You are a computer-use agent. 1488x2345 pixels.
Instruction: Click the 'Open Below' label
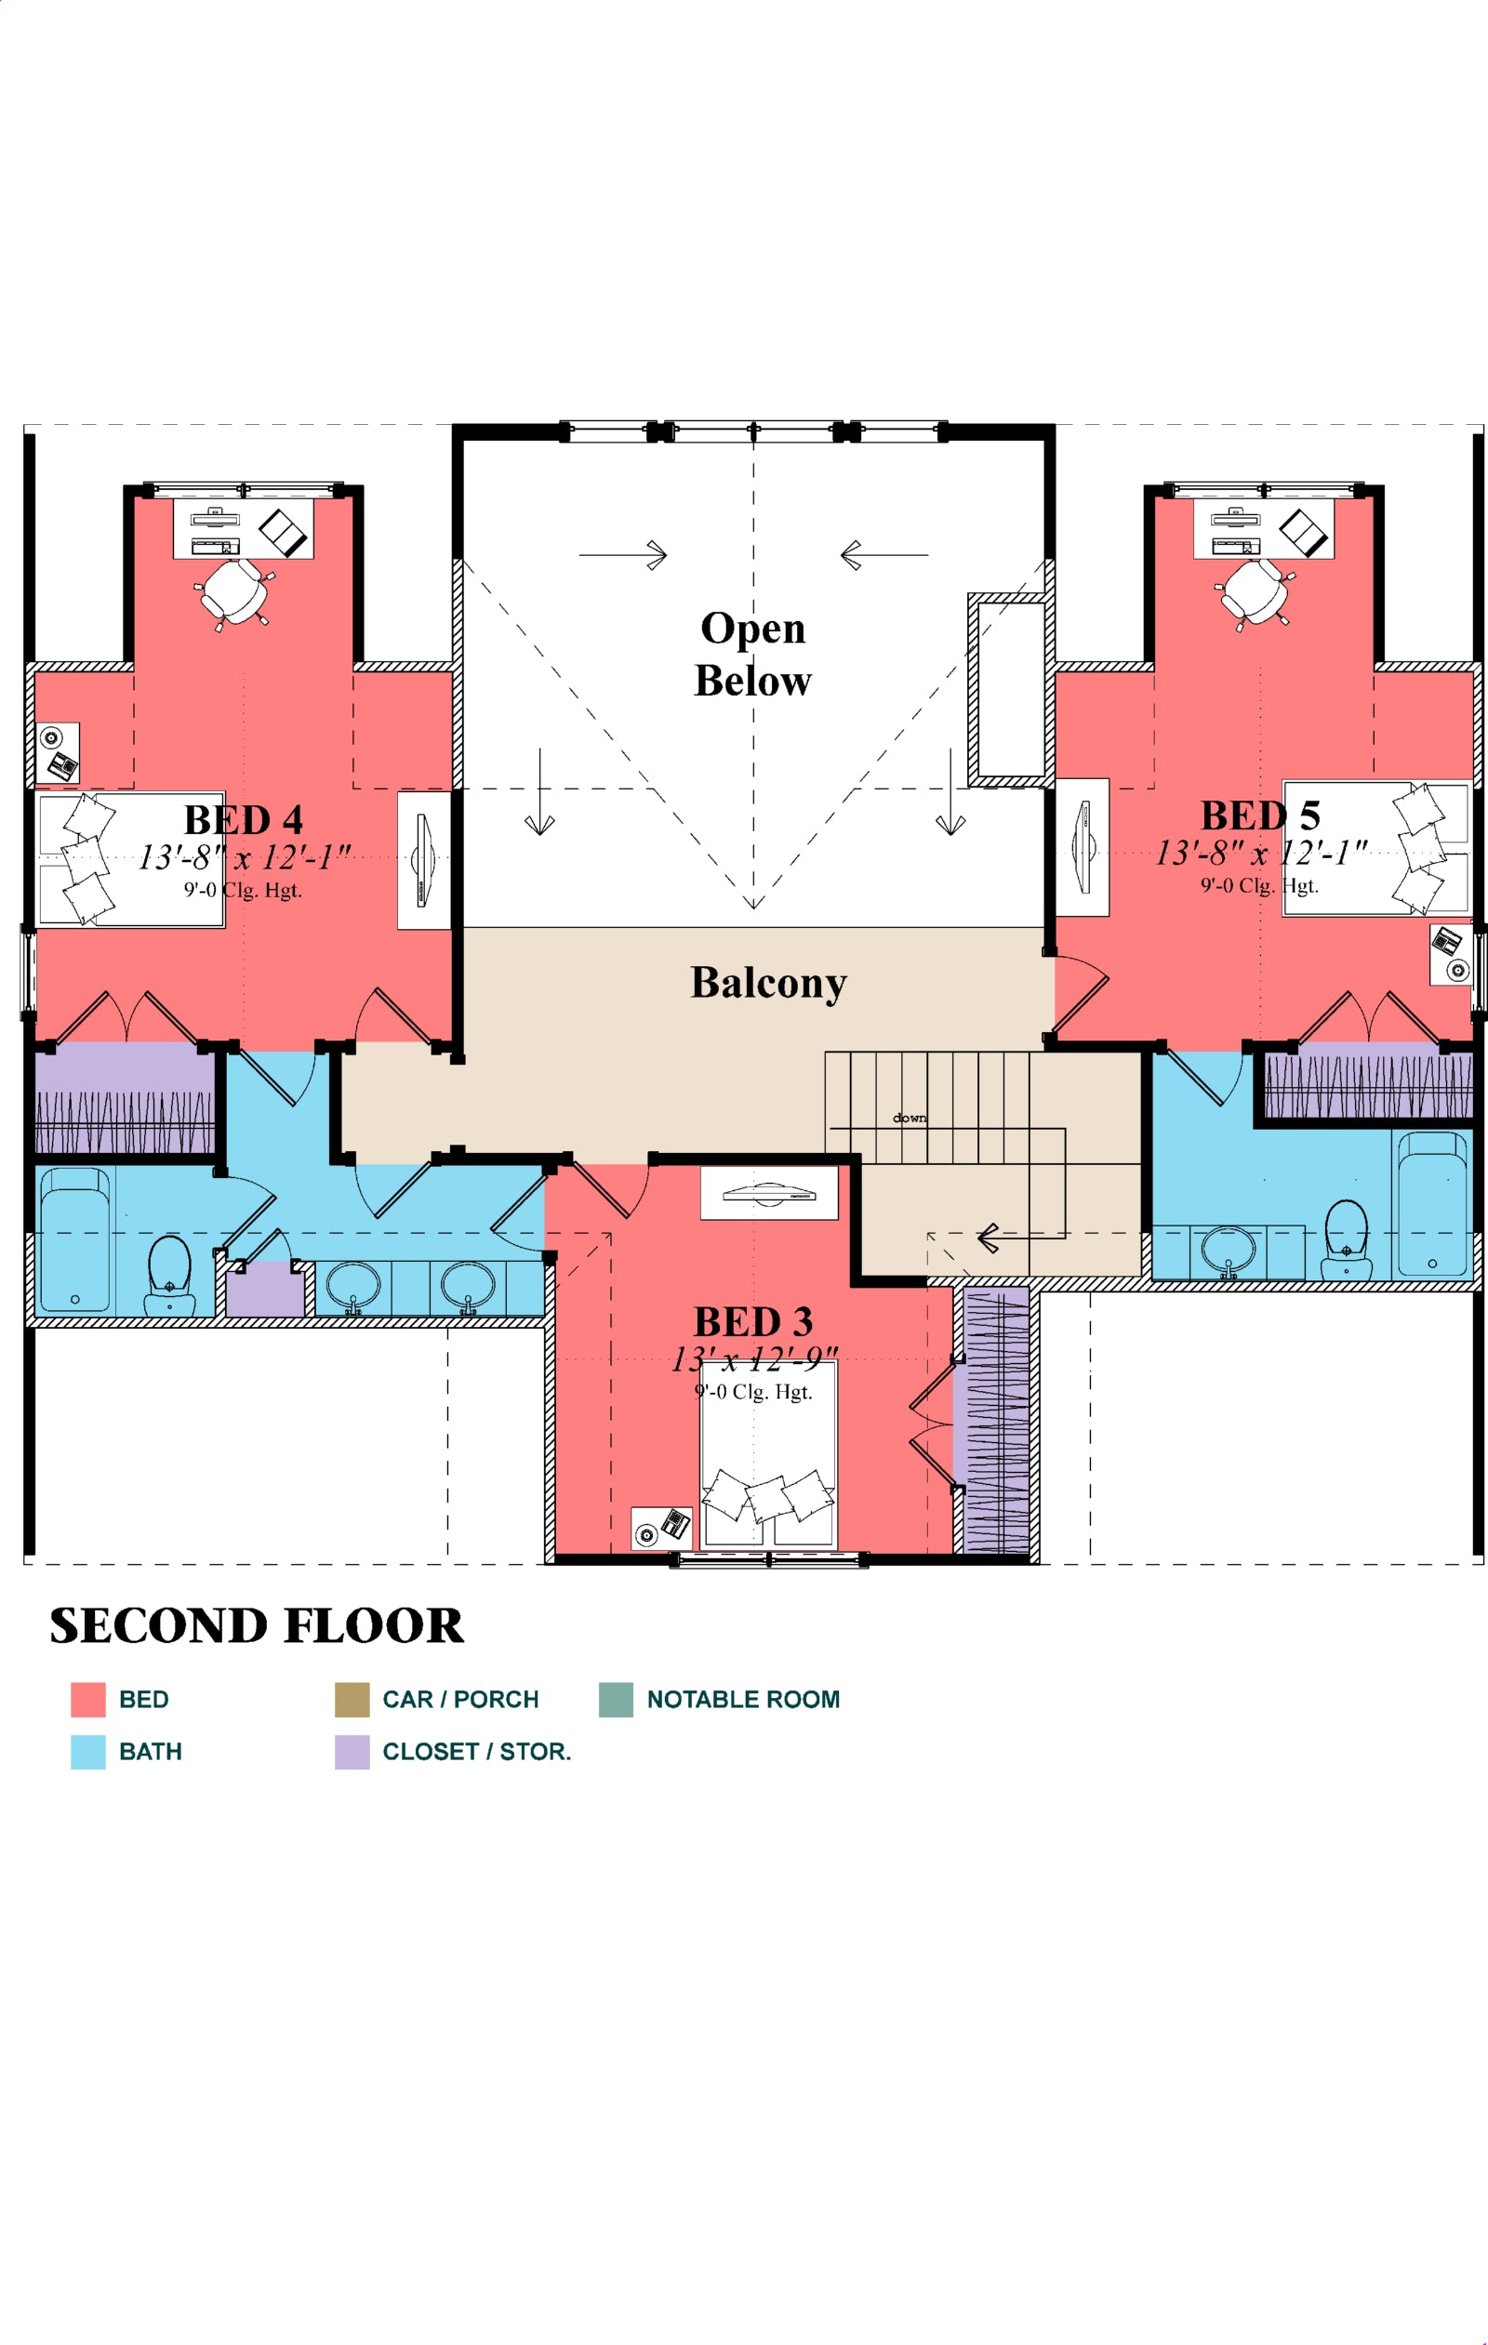[x=751, y=654]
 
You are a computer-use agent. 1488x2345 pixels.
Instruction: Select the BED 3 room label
[x=752, y=1321]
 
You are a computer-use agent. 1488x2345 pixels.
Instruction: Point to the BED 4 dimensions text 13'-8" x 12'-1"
[x=244, y=857]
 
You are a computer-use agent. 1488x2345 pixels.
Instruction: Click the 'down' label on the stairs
[x=910, y=1117]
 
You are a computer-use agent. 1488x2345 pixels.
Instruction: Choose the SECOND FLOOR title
[x=257, y=1625]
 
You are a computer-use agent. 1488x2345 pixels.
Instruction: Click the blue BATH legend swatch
[x=87, y=1752]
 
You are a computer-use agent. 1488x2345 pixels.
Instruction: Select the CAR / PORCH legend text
[x=460, y=1700]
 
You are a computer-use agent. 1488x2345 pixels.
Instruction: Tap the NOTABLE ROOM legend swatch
[x=616, y=1700]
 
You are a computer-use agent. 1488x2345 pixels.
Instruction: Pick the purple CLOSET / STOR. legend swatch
[x=352, y=1752]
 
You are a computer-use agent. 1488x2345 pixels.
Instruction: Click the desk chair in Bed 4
[x=233, y=592]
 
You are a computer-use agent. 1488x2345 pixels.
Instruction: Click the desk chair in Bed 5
[x=1255, y=592]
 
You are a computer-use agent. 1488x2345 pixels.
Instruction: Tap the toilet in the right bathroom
[x=1346, y=1239]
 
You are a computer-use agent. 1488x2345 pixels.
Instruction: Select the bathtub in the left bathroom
[x=75, y=1240]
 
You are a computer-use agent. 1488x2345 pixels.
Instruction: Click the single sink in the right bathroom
[x=1228, y=1251]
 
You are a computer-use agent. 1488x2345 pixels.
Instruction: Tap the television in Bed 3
[x=769, y=1192]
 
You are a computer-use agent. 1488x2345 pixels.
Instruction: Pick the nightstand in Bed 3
[x=661, y=1527]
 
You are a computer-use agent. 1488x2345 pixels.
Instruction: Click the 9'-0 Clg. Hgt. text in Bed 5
[x=1259, y=885]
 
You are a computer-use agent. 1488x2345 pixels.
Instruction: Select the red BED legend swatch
[x=87, y=1700]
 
